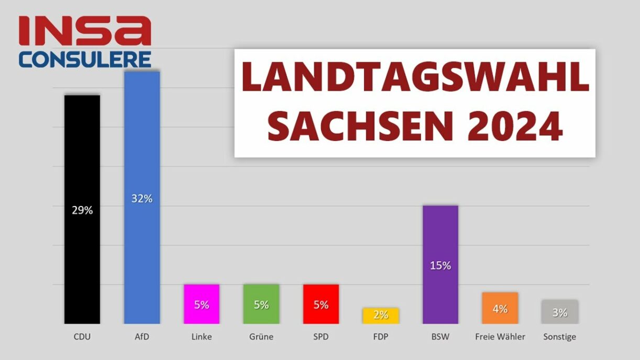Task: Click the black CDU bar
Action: [x=82, y=157]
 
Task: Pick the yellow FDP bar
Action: [x=381, y=315]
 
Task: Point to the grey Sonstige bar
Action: [x=559, y=312]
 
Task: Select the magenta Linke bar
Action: [x=201, y=304]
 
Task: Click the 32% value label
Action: [x=141, y=199]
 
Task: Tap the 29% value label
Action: [x=82, y=210]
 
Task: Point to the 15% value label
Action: [x=440, y=266]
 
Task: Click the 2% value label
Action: [x=381, y=315]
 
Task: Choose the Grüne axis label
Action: [x=261, y=336]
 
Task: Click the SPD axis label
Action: [x=321, y=336]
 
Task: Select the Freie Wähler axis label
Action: [x=500, y=336]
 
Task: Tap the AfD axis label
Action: [x=141, y=336]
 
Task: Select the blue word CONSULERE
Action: [x=85, y=59]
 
